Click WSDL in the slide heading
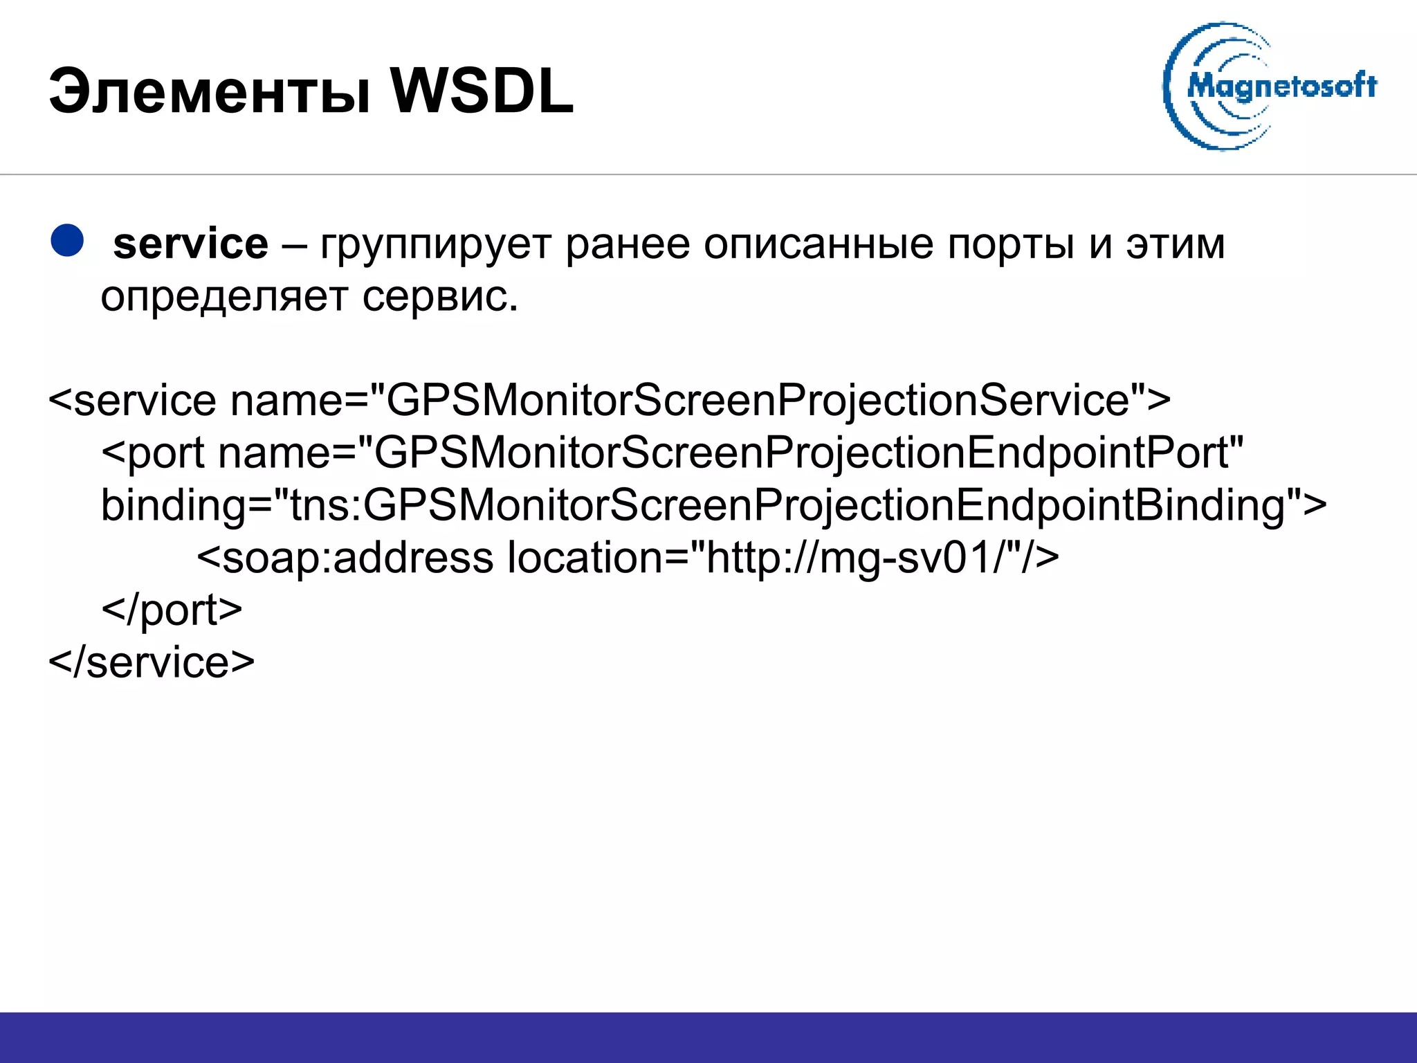tap(482, 92)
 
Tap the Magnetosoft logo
tap(1270, 87)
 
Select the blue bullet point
tap(67, 242)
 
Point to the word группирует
tap(435, 246)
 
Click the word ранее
tap(628, 244)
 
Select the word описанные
tap(818, 246)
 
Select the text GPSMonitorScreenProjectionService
tap(757, 401)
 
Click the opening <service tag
tap(132, 401)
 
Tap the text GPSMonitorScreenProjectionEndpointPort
tap(801, 453)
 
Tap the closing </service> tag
tap(152, 662)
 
